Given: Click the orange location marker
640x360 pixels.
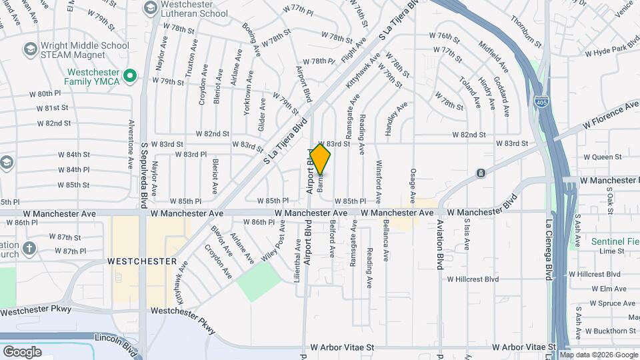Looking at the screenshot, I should (x=321, y=159).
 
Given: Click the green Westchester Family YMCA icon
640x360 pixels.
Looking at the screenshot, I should (x=131, y=76).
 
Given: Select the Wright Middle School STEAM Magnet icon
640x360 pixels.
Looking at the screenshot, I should (x=29, y=49).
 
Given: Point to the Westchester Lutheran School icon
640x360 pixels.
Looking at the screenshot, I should (x=150, y=8).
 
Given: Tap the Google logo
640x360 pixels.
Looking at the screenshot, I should (x=22, y=351).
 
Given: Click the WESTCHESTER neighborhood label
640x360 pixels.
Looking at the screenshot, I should (x=142, y=261).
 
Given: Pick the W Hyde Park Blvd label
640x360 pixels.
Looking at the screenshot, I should (x=612, y=51).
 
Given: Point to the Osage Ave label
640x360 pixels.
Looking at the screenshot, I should (x=413, y=186).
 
